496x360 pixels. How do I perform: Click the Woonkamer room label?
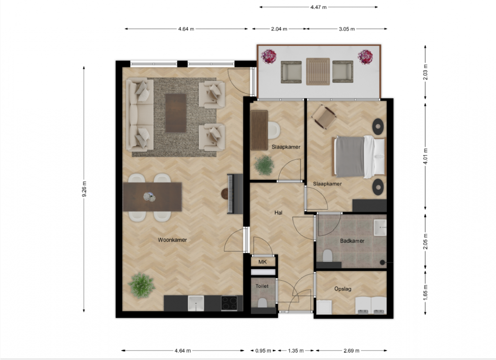[172, 240]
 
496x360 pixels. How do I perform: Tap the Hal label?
[278, 213]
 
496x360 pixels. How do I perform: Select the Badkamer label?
[352, 241]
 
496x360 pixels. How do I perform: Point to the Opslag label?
[343, 289]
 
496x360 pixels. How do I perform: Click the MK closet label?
[263, 262]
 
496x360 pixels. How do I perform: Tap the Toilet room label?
[262, 286]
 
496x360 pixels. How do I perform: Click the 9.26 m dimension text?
[84, 189]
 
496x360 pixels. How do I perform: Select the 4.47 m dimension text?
[318, 7]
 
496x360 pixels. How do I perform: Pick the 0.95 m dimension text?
[263, 351]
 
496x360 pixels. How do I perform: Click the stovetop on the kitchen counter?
[229, 303]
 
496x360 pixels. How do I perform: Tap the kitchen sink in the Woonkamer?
[196, 303]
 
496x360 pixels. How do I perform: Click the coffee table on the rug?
[176, 112]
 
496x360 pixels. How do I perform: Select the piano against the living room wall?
[235, 194]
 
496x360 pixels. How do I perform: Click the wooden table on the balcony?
[318, 72]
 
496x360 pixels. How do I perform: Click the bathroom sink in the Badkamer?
[380, 227]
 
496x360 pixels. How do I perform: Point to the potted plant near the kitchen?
[142, 285]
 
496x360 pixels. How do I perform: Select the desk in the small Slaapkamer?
[259, 130]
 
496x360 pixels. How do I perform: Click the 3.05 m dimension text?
[347, 29]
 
